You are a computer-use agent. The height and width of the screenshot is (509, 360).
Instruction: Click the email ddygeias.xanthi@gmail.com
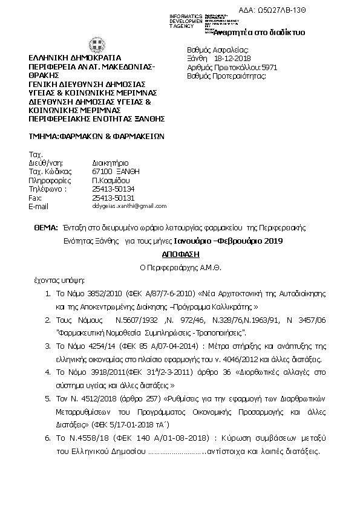[x=129, y=206]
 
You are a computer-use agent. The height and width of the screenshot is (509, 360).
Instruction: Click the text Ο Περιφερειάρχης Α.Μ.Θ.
[x=180, y=267]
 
